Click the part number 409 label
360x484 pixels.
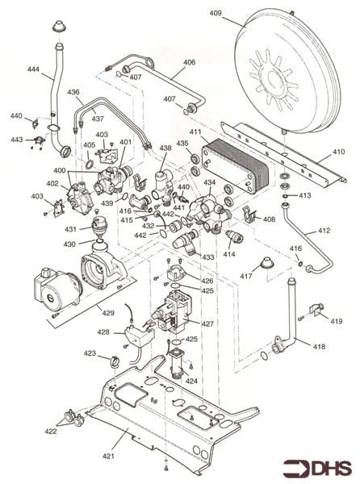click(x=216, y=13)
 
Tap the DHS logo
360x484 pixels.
click(x=317, y=468)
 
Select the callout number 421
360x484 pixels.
click(x=108, y=456)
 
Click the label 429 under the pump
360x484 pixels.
click(x=108, y=313)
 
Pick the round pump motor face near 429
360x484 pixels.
click(x=50, y=297)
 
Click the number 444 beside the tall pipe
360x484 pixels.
click(x=33, y=69)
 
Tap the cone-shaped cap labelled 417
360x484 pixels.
click(x=266, y=263)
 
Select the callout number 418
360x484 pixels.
click(x=319, y=347)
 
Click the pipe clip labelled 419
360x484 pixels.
click(x=316, y=310)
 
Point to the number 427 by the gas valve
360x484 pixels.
click(x=207, y=323)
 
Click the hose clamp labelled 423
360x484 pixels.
click(x=115, y=361)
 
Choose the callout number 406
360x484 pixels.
click(x=189, y=62)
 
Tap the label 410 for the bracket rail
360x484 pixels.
click(x=338, y=152)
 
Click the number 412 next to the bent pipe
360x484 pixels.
click(x=324, y=230)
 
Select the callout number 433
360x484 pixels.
click(x=208, y=257)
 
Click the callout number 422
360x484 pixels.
click(x=51, y=431)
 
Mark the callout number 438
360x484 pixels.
click(x=165, y=148)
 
